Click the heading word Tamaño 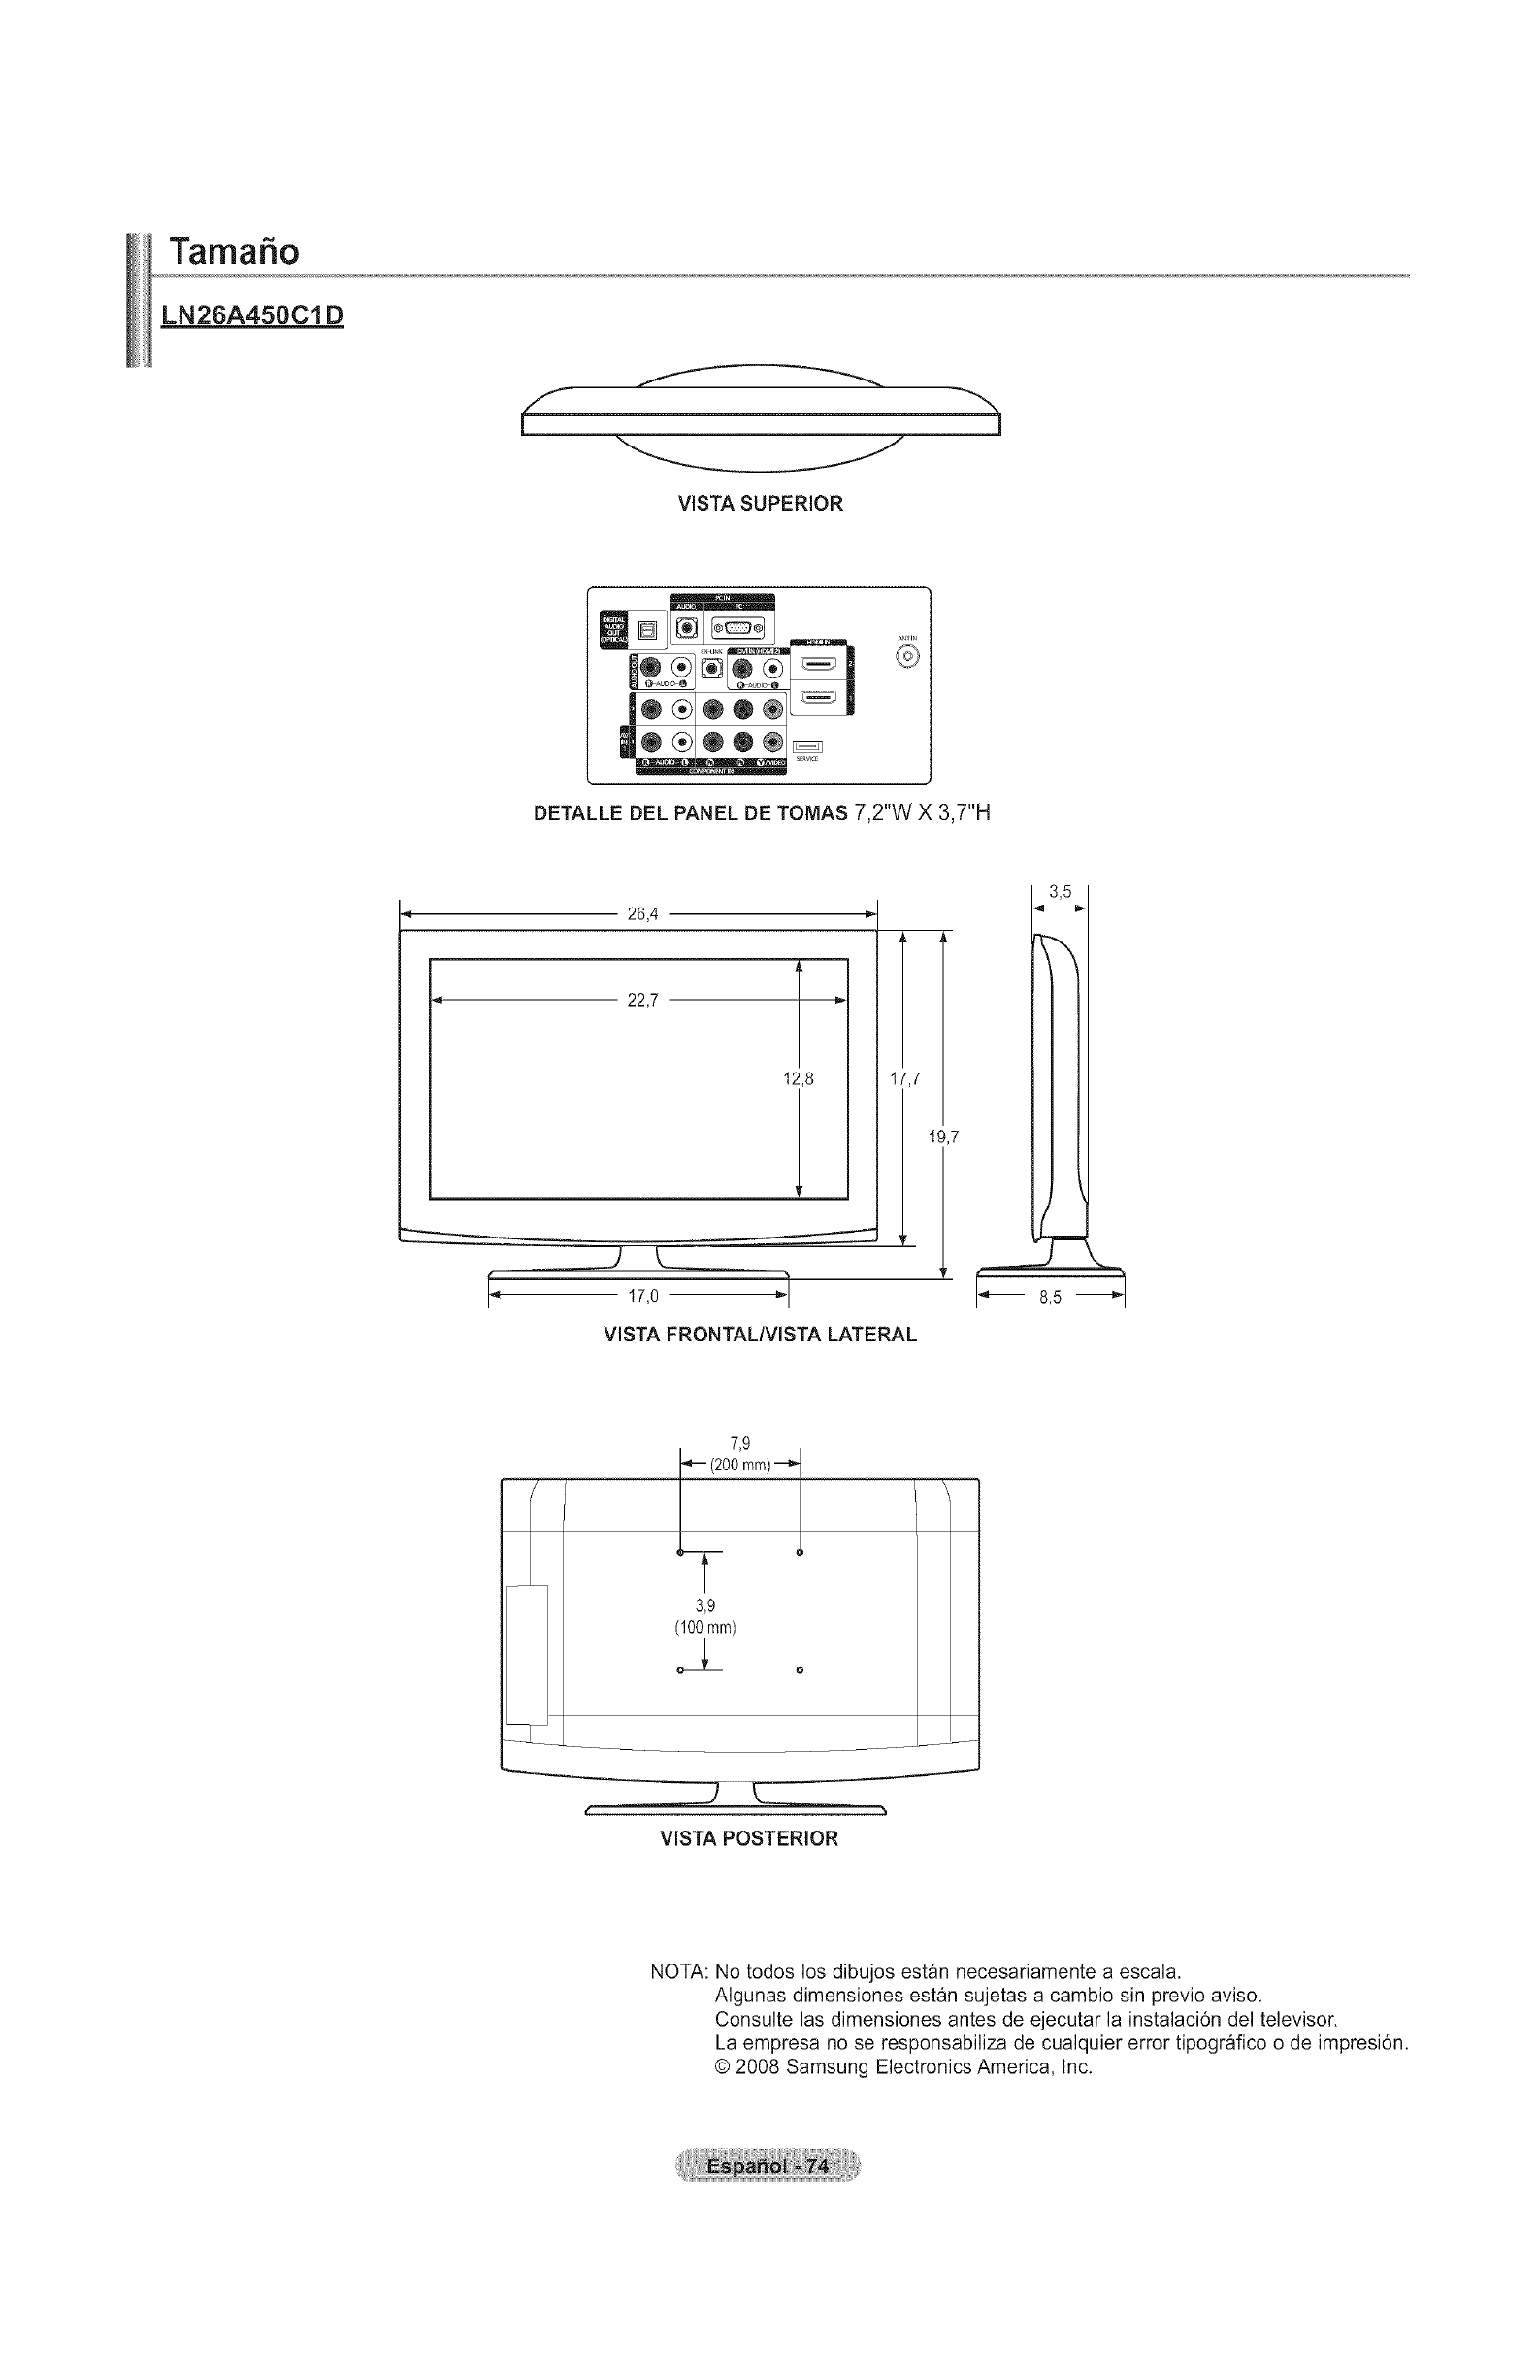tap(234, 250)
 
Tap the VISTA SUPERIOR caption tap(760, 504)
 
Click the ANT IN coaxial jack tap(907, 657)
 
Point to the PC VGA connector tap(737, 628)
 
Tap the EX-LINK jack tap(712, 667)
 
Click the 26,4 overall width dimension tap(641, 912)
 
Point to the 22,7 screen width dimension tap(641, 1000)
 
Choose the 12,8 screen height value tap(799, 1078)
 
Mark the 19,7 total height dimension tap(943, 1137)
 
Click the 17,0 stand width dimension tap(642, 1296)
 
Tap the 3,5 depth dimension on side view tap(1060, 892)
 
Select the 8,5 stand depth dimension tap(1050, 1298)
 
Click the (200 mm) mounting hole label tap(740, 1466)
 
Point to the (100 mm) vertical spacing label tap(704, 1629)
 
